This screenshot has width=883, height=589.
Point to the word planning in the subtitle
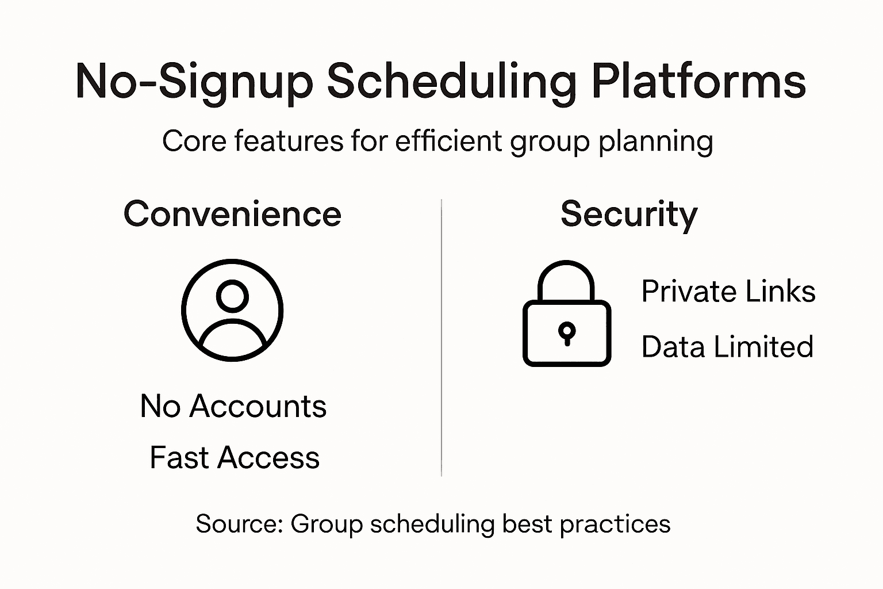656,143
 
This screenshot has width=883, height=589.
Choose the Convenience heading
233,214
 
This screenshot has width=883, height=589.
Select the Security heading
629,215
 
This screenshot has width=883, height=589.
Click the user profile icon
232,310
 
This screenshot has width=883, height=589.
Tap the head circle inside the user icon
233,296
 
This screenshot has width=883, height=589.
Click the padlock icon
567,313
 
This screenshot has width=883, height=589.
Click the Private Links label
728,291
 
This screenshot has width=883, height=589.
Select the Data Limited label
727,346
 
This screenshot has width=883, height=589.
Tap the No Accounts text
233,406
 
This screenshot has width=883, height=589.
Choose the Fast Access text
235,457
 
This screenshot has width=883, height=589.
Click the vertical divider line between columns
441,338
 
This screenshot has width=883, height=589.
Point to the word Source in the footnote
240,524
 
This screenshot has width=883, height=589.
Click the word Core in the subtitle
194,141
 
